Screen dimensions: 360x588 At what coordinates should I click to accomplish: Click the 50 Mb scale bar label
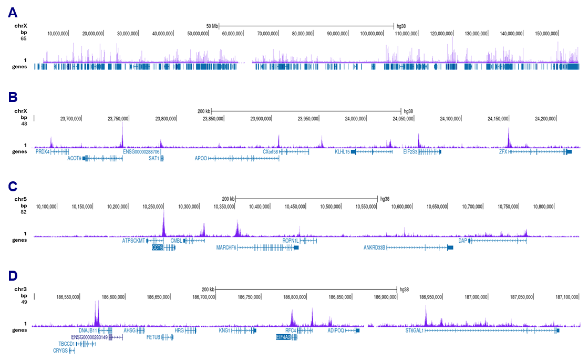211,26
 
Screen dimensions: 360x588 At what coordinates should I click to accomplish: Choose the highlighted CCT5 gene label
157,247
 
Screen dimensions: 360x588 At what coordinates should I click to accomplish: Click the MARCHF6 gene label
226,247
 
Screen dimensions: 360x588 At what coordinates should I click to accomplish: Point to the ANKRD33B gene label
375,247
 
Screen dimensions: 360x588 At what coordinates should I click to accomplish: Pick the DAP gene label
462,241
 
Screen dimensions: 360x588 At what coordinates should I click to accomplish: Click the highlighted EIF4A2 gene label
284,337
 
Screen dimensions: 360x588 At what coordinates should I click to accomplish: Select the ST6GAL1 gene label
414,331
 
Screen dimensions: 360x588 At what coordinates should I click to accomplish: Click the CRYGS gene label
60,351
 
